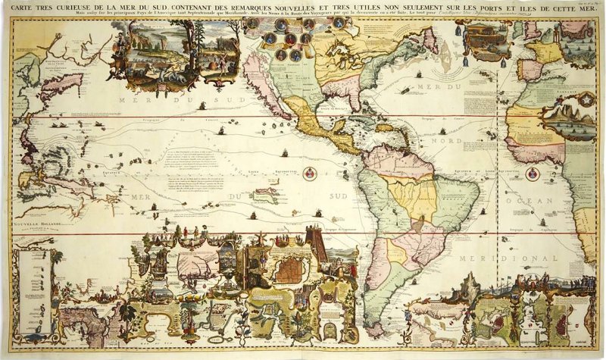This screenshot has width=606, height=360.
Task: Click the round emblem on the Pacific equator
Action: [309, 174]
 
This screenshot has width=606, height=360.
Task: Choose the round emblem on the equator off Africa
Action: [533, 174]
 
